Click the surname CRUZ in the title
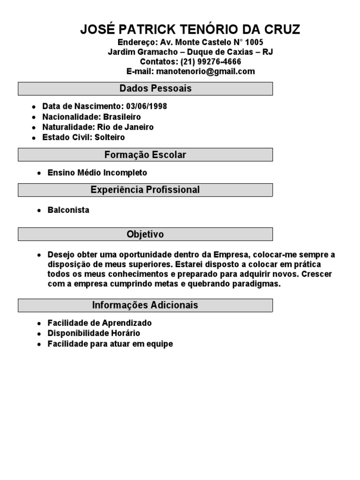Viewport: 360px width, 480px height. pos(279,30)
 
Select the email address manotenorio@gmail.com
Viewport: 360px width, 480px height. pos(206,71)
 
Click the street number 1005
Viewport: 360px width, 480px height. pos(247,42)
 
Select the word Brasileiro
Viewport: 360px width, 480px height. pos(122,117)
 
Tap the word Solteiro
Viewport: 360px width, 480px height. pos(110,137)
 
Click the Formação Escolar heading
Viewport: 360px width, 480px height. pos(145,155)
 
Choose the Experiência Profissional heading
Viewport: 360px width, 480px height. pos(145,190)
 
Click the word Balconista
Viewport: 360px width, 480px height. pos(68,210)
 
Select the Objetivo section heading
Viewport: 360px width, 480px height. pos(145,234)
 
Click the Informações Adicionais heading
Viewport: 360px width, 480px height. pos(145,305)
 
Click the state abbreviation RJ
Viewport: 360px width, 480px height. pos(268,52)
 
